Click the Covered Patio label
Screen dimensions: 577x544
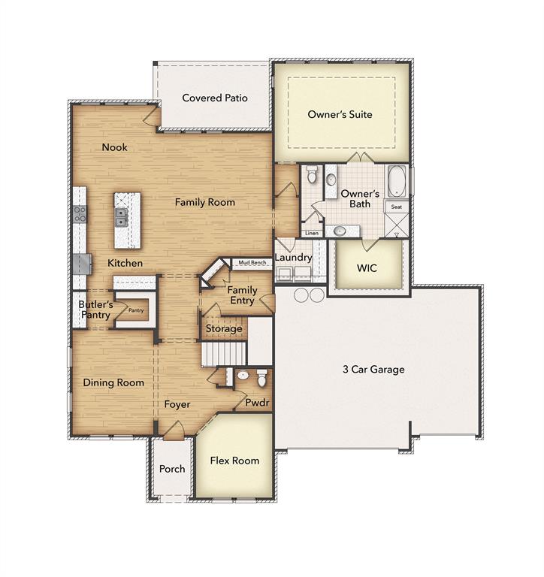click(x=215, y=98)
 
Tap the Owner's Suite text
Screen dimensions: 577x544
click(x=340, y=115)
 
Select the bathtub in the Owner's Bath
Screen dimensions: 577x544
click(x=397, y=181)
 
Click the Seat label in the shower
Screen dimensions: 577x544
click(x=395, y=206)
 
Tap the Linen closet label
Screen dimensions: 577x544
click(x=312, y=234)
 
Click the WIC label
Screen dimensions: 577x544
click(x=367, y=267)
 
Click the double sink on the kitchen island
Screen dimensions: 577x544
click(x=121, y=217)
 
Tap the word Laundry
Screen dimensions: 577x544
click(x=293, y=258)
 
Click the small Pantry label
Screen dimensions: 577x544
click(x=135, y=310)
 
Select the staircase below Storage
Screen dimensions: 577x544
click(x=224, y=352)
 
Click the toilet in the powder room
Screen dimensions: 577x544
click(x=261, y=376)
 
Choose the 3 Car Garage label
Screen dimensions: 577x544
click(x=373, y=369)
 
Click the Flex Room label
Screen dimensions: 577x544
click(x=234, y=461)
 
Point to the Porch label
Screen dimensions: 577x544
click(x=172, y=469)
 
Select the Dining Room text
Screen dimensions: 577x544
click(x=113, y=382)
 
